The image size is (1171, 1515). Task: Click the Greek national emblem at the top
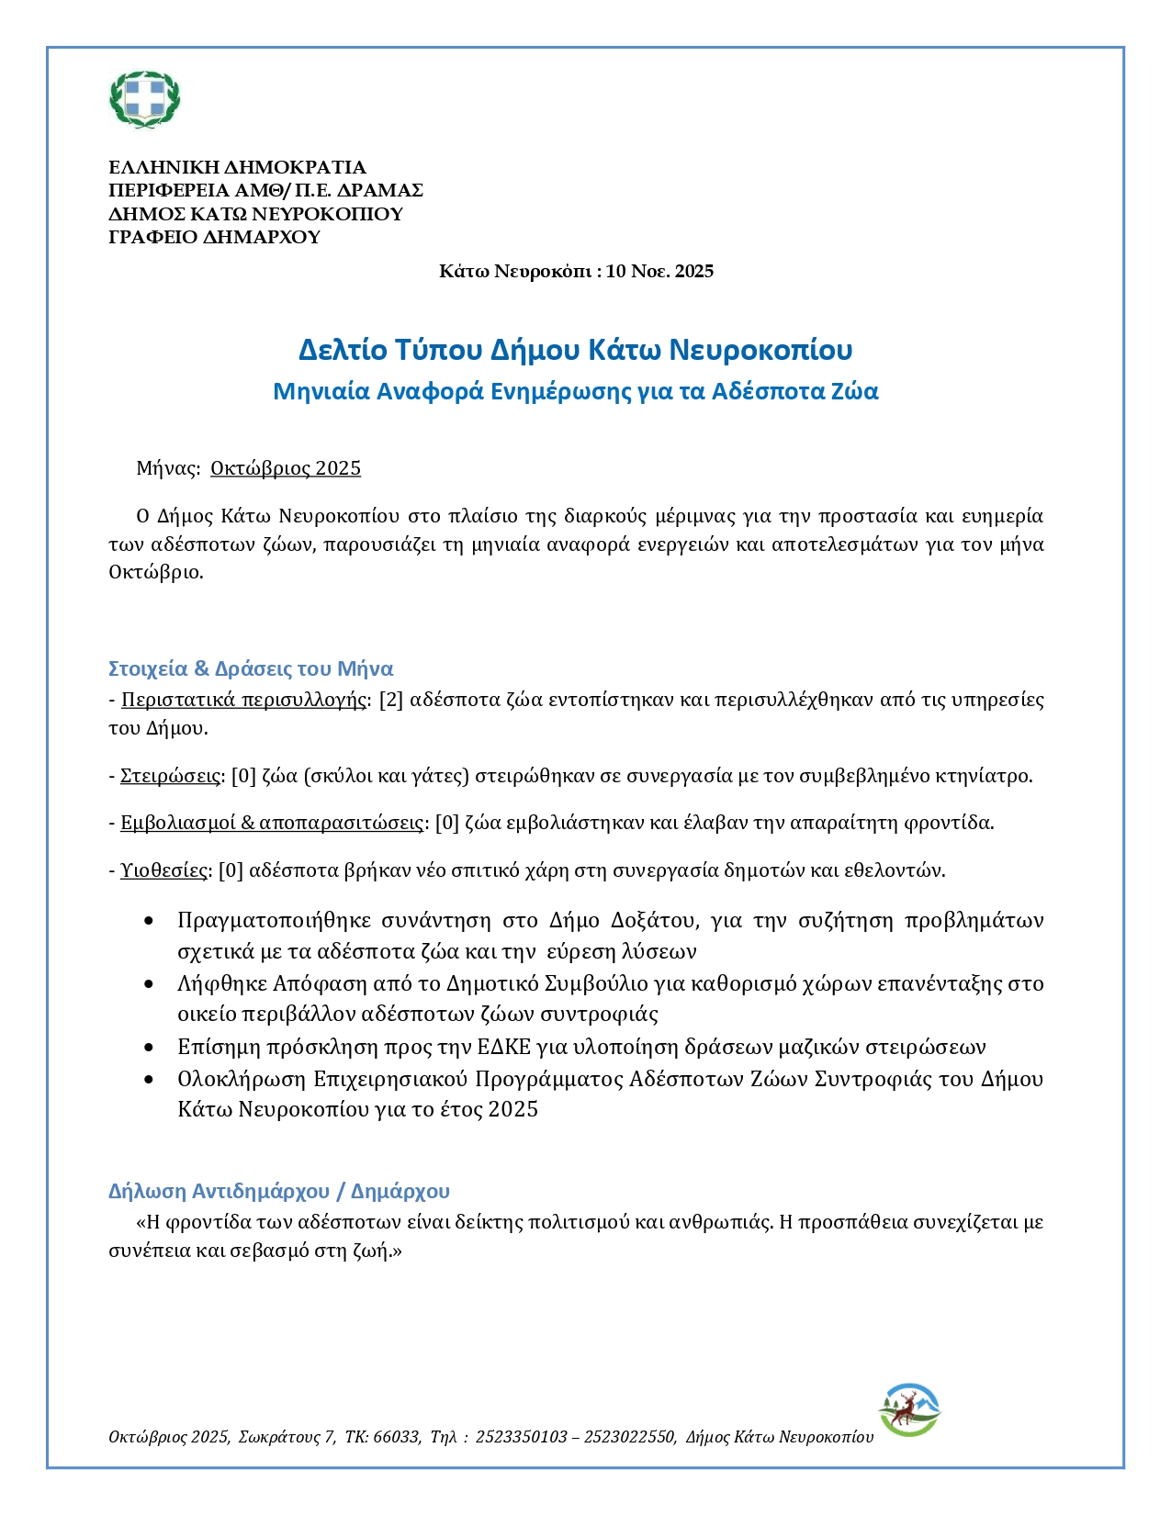tap(145, 99)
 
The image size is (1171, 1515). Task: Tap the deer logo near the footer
tap(909, 1409)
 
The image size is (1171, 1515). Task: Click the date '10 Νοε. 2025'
tap(660, 271)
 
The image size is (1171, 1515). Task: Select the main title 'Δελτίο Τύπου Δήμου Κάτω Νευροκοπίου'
tap(576, 350)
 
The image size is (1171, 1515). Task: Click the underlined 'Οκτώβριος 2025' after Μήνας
tap(286, 468)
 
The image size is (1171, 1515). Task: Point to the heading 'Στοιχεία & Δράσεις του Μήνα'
tap(251, 668)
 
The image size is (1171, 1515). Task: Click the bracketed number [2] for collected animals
tap(391, 700)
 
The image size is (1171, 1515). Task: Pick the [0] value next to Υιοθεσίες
tap(231, 870)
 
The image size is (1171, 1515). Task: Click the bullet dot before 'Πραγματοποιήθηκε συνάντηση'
tap(149, 921)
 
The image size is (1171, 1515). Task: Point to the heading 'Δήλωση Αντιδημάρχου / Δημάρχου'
tap(279, 1191)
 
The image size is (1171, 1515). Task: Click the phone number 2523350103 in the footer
tap(522, 1437)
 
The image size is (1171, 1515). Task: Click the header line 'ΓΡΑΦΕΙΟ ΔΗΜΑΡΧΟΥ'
tap(214, 237)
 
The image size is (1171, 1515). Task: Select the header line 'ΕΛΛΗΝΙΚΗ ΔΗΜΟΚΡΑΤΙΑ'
tap(237, 167)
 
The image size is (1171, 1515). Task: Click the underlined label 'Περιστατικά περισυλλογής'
tap(243, 700)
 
